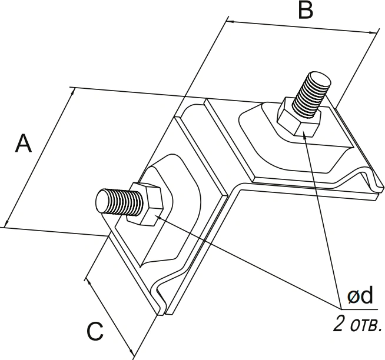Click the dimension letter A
pos(24,143)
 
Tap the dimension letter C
pos(95,331)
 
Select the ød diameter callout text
pos(360,295)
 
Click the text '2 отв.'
pos(357,324)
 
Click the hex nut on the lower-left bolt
pos(145,204)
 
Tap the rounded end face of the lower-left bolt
pos(102,202)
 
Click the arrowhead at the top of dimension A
pos(72,92)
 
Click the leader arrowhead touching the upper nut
pos(305,135)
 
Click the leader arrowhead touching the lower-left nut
pos(159,218)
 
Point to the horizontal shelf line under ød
pos(359,309)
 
